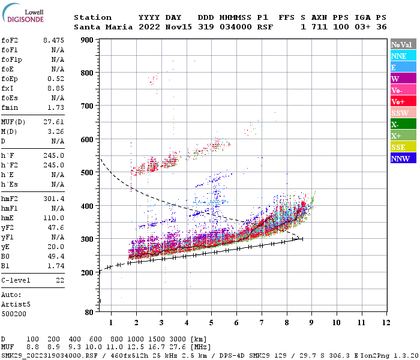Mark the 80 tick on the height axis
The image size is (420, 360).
[89, 312]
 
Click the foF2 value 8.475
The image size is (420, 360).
[53, 40]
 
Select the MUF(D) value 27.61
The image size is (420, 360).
[53, 122]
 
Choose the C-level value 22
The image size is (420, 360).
[60, 280]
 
